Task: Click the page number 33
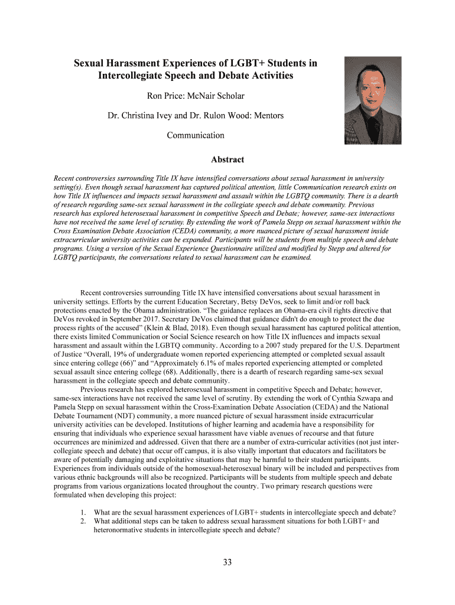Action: (x=227, y=562)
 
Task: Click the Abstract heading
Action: (x=227, y=160)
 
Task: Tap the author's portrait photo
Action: (x=372, y=100)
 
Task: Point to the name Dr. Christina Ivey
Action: (x=138, y=115)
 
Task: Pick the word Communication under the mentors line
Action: (x=196, y=135)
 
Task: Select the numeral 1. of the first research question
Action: (x=84, y=512)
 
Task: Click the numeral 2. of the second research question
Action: (x=84, y=522)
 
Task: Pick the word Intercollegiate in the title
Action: (x=134, y=76)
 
